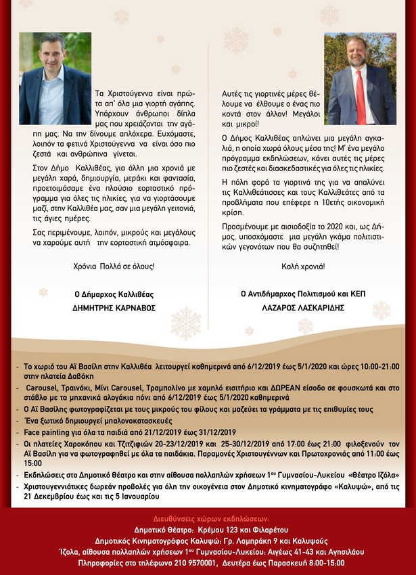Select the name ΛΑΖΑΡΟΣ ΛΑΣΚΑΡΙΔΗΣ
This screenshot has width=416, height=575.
click(302, 307)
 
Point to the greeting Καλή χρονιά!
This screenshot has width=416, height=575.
click(302, 267)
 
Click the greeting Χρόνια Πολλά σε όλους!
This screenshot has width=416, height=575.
click(114, 267)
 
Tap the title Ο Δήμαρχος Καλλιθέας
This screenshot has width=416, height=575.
click(114, 294)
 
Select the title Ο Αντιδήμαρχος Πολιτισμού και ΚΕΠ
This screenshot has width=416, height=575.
click(302, 294)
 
